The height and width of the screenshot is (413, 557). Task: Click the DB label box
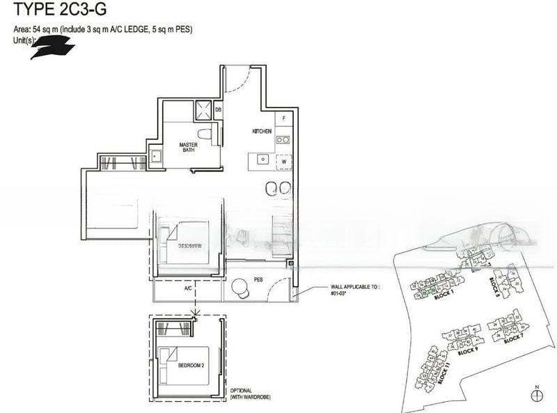click(218, 109)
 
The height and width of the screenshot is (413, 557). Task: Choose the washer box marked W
click(284, 162)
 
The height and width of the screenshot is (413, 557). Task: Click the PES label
click(258, 280)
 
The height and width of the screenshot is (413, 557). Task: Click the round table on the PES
click(242, 287)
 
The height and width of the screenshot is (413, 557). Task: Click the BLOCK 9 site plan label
click(469, 350)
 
